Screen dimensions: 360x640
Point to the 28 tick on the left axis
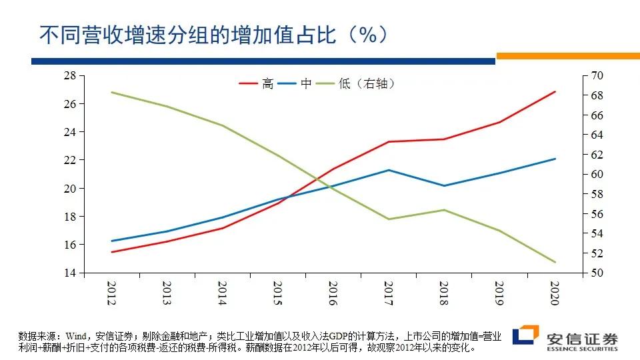[x=70, y=76]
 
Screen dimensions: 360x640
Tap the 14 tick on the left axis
[x=70, y=273]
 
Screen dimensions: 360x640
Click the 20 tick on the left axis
[x=70, y=189]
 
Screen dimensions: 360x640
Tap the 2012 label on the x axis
[x=111, y=293]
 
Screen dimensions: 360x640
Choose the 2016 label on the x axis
[x=333, y=293]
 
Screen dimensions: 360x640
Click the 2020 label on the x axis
[x=555, y=293]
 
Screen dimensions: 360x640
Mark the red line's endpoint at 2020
[x=555, y=91]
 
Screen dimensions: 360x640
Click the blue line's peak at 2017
[x=389, y=170]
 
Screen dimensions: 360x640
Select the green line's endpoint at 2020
[x=555, y=262]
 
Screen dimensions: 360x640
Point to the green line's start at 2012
[x=111, y=92]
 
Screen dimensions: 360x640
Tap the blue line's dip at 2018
[x=444, y=185]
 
